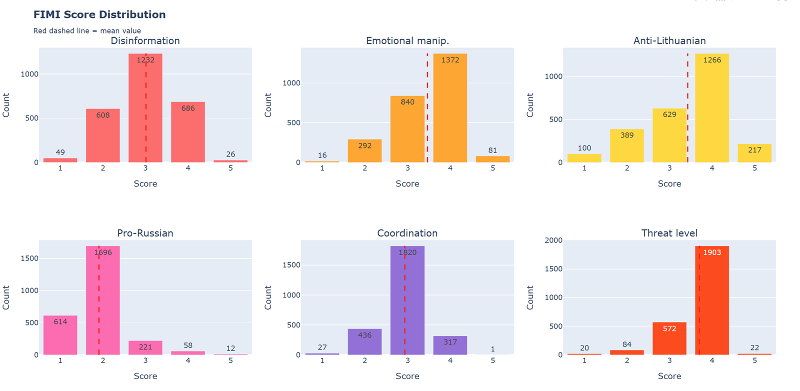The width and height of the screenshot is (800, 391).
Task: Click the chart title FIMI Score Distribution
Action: (99, 15)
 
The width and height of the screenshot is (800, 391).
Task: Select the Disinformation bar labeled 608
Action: (103, 136)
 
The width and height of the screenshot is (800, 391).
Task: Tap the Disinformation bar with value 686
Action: (188, 133)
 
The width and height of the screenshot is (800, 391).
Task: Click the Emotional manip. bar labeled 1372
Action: (450, 108)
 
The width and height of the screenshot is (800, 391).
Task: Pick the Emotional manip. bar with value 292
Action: (365, 151)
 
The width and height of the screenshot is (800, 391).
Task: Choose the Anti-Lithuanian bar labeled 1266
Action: (712, 108)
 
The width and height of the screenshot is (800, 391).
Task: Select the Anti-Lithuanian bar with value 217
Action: (754, 153)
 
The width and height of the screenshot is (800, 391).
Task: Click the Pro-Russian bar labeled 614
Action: (60, 335)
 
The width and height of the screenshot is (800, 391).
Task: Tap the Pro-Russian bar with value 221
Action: (145, 348)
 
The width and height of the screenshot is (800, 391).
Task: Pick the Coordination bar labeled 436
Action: (365, 342)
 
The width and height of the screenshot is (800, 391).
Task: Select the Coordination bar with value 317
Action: (450, 345)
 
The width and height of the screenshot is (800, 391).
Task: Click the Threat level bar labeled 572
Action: (669, 339)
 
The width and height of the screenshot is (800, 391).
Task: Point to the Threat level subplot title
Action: (669, 233)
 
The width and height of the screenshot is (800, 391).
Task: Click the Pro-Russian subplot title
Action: (145, 233)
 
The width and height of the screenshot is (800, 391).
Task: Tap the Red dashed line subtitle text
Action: (87, 31)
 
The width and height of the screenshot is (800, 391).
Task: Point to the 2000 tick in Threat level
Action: (553, 240)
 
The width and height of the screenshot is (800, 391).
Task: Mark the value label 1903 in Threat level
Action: (712, 252)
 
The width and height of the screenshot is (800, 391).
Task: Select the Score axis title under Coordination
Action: (407, 376)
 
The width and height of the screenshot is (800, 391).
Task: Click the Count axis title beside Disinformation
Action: (6, 105)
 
